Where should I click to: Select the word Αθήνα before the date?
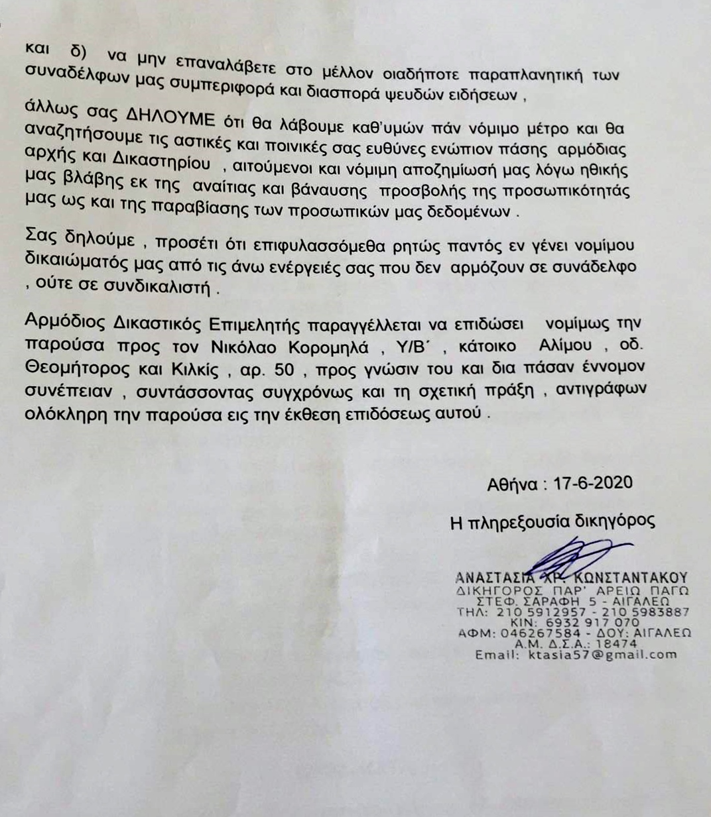511,484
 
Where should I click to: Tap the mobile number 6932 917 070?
583,623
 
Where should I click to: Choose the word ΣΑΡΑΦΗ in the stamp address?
548,602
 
